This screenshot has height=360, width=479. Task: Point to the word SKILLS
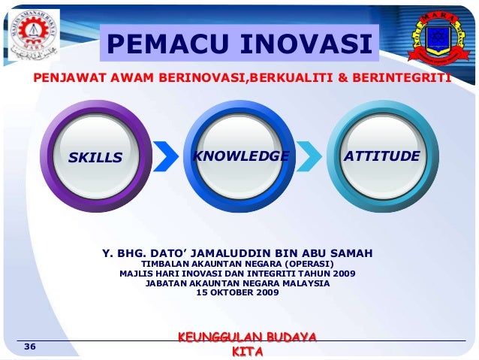[95, 158]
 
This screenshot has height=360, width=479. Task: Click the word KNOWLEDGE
[241, 156]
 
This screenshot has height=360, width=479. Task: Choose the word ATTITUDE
[381, 156]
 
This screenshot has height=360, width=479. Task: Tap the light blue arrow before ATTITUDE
[308, 156]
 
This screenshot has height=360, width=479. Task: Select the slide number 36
[30, 346]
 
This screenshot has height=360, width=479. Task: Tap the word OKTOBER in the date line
[234, 292]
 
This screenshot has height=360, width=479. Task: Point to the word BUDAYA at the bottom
[287, 337]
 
